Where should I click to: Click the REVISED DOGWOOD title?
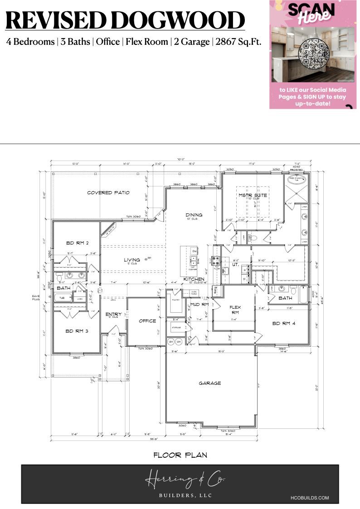pyautogui.click(x=125, y=20)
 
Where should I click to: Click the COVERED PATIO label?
pyautogui.click(x=108, y=193)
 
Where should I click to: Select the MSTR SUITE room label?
pyautogui.click(x=253, y=195)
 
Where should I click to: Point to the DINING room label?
pyautogui.click(x=194, y=215)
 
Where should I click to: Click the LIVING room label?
pyautogui.click(x=132, y=260)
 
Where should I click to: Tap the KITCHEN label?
pyautogui.click(x=194, y=279)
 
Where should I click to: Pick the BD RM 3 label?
pyautogui.click(x=76, y=331)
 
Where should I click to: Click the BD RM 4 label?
pyautogui.click(x=283, y=324)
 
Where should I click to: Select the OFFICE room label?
pyautogui.click(x=147, y=321)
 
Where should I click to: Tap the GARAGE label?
pyautogui.click(x=210, y=383)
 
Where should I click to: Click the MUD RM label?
pyautogui.click(x=199, y=304)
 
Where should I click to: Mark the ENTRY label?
pyautogui.click(x=113, y=314)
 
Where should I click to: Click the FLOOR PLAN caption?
pyautogui.click(x=180, y=455)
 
